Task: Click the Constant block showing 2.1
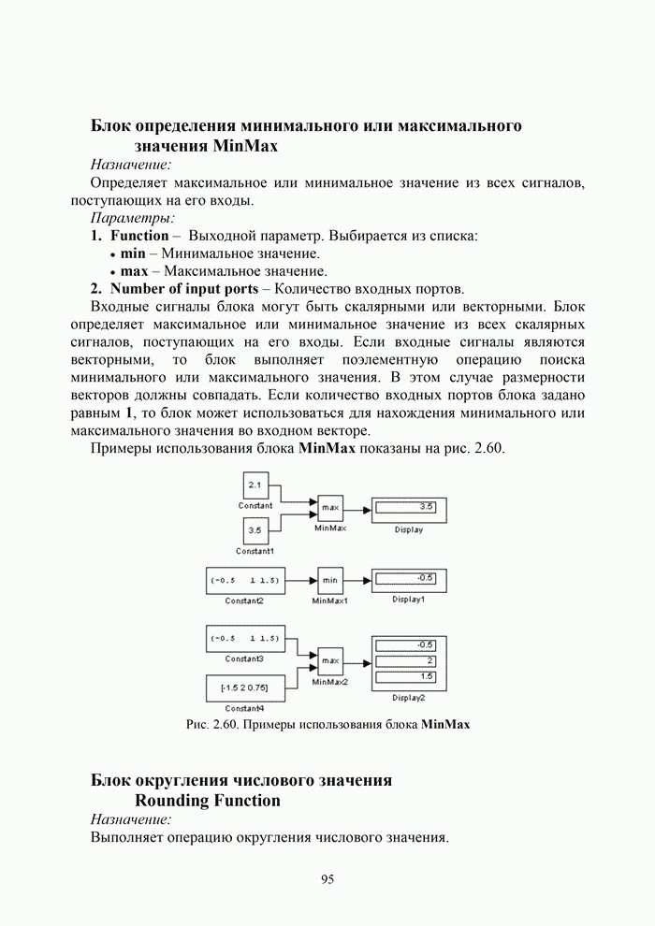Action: (x=255, y=485)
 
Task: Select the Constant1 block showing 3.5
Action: (x=255, y=532)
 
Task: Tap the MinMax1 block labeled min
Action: (x=330, y=580)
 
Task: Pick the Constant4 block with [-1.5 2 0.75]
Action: (x=244, y=688)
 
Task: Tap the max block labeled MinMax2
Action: (x=330, y=660)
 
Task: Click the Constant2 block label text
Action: (x=244, y=600)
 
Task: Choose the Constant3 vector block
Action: (x=244, y=640)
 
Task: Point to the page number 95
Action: (x=327, y=879)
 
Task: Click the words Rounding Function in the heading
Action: (x=208, y=801)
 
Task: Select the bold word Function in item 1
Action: (x=139, y=236)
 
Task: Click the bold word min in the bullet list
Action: (x=134, y=253)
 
